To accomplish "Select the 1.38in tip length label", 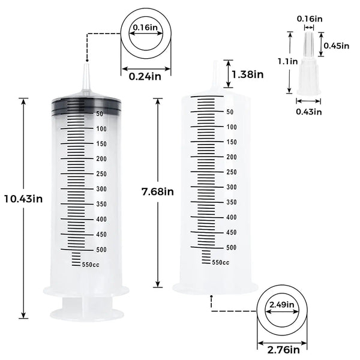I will click(x=247, y=74).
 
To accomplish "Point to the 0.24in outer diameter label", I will click(x=144, y=76).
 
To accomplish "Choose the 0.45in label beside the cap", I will click(x=336, y=46).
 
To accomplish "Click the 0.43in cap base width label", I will click(x=310, y=111).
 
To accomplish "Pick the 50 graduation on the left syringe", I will click(x=100, y=113).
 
